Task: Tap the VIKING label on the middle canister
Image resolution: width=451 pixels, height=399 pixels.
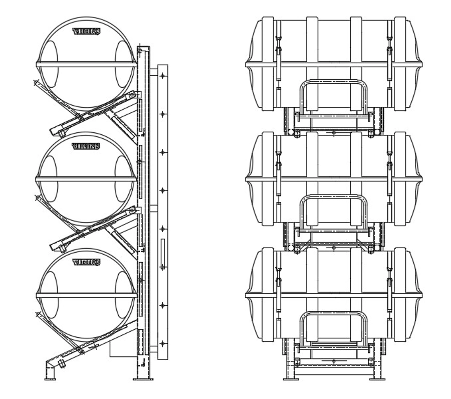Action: [x=86, y=146]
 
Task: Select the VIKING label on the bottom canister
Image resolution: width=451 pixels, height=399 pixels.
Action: [x=86, y=262]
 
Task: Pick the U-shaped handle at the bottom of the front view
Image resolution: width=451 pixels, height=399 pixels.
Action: [x=333, y=326]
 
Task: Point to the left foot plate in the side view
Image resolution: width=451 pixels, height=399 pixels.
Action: [x=50, y=379]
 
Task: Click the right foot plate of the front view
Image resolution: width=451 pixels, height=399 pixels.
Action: [x=377, y=379]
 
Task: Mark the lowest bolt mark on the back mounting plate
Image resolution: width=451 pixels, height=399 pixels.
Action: [x=162, y=343]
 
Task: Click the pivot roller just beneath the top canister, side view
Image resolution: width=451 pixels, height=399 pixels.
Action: [x=132, y=95]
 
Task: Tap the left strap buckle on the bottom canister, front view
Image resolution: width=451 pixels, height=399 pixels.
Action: [x=277, y=275]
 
